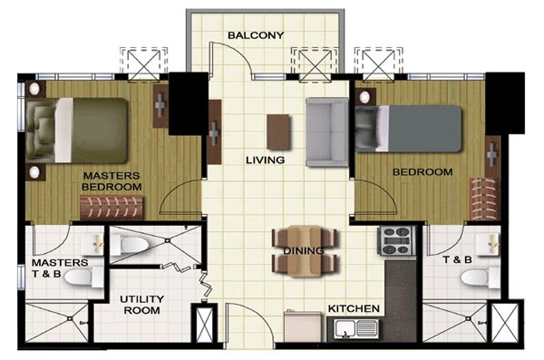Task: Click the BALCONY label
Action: pos(256,35)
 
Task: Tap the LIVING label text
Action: pos(266,160)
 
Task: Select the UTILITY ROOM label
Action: pos(142,305)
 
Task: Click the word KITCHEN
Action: pos(354,308)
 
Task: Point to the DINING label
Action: pos(304,250)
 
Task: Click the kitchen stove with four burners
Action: pos(396,240)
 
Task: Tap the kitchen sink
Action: pos(356,329)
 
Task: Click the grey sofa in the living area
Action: pos(326,132)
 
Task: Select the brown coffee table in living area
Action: pos(278,131)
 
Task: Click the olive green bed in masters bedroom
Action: pos(77,131)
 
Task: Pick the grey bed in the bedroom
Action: pos(408,129)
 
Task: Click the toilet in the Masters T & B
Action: pos(84,277)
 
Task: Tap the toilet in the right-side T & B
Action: pos(481,277)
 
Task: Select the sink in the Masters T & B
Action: pos(92,245)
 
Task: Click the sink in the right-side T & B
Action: pos(488,244)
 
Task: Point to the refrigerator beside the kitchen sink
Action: pos(303,326)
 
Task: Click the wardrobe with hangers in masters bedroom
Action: pos(112,208)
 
